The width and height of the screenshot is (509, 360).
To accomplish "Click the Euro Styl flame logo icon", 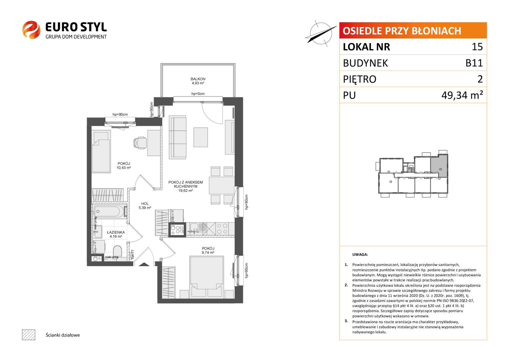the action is click(31, 30).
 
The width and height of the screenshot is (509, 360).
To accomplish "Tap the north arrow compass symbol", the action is click(321, 34).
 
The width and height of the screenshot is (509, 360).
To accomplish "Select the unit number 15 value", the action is click(477, 47).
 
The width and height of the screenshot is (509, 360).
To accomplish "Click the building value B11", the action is click(474, 63).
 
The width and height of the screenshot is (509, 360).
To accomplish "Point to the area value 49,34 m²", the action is click(462, 95).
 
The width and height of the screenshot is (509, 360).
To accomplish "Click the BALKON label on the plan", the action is click(198, 79).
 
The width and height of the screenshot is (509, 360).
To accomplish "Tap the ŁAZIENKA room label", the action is click(116, 232).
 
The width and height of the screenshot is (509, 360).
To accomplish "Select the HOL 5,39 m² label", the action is click(145, 206).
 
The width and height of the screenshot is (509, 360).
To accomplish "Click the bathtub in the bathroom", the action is click(109, 212).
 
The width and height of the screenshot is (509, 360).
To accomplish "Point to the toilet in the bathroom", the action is click(117, 251).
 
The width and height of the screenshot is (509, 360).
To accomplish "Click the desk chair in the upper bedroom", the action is click(140, 143).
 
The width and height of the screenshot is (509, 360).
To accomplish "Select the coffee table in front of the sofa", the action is click(201, 137).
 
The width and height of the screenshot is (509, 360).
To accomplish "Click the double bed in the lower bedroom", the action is click(207, 276).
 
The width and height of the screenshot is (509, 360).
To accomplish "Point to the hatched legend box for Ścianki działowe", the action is click(29, 335).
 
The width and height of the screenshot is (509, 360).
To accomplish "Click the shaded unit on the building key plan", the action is click(439, 165).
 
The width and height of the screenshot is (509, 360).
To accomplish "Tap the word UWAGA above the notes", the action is click(360, 255).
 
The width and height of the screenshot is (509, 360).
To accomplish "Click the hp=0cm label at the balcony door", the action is click(198, 94).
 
